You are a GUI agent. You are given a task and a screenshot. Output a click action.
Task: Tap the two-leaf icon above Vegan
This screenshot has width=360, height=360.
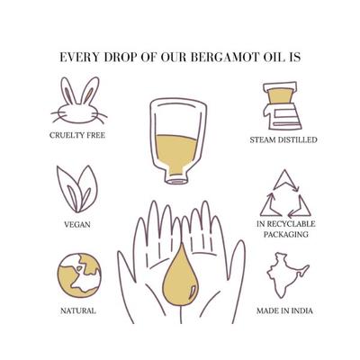point(78,187)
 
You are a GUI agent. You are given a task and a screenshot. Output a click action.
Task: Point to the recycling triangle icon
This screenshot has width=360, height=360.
point(283,192)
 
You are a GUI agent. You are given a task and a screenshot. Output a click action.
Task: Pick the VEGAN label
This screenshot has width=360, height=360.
point(79,223)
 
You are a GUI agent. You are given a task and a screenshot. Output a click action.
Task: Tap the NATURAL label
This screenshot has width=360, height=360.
point(79,311)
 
